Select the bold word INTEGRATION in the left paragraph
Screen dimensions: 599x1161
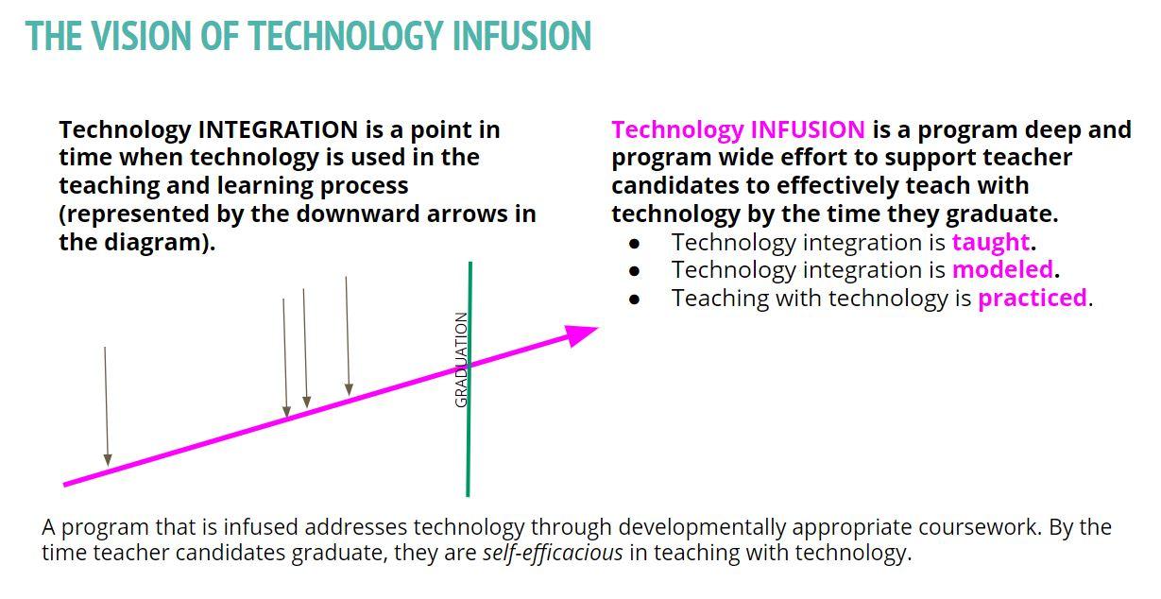click(x=277, y=129)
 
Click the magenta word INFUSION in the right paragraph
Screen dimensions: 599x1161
click(x=808, y=129)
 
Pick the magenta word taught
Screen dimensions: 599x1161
click(x=990, y=243)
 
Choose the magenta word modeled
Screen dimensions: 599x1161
click(x=1002, y=270)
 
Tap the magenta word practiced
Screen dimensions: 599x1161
click(x=1033, y=299)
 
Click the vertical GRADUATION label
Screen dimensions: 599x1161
click(x=461, y=360)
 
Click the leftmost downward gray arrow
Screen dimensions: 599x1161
click(x=106, y=406)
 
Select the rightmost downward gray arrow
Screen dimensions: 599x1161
click(x=348, y=335)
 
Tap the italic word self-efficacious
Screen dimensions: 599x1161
click(x=553, y=553)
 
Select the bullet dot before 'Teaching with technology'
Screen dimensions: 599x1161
click(x=634, y=299)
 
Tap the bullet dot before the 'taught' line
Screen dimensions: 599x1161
click(x=634, y=243)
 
